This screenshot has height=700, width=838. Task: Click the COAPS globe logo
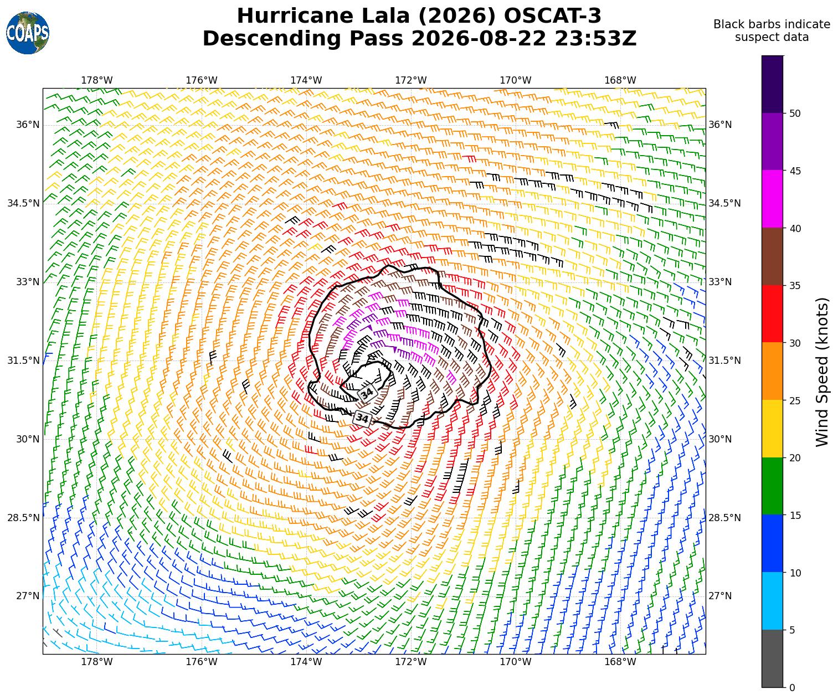[x=28, y=33]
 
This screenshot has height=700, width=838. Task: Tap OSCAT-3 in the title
[x=552, y=16]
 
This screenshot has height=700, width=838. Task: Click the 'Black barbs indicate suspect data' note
[x=772, y=31]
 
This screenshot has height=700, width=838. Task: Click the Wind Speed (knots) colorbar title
[x=822, y=372]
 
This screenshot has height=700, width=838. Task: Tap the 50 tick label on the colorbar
[x=795, y=114]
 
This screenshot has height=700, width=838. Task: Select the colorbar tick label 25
[x=795, y=400]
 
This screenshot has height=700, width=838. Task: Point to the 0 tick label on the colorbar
[x=792, y=688]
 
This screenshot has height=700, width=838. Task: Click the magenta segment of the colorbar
[x=772, y=199]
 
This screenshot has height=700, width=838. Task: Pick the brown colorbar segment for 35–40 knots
[x=772, y=257]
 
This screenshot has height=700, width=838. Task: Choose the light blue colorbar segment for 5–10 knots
[x=772, y=601]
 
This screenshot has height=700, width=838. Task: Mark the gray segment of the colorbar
[x=772, y=658]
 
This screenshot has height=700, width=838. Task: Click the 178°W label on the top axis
[x=97, y=80]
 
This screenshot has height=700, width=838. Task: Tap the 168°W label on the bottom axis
[x=620, y=662]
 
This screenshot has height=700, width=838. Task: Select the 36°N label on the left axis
[x=28, y=125]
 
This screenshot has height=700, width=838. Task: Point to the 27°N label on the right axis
[x=720, y=596]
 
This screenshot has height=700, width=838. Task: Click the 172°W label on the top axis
[x=411, y=80]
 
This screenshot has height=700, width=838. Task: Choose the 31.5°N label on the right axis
[x=724, y=361]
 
